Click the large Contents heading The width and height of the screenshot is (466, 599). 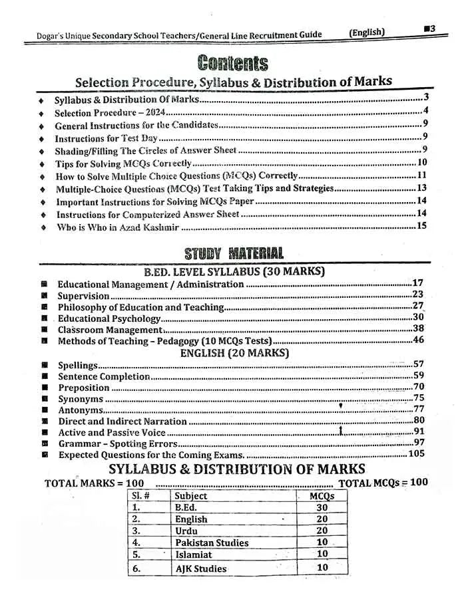pos(233,63)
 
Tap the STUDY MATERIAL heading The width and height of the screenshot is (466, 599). pos(234,253)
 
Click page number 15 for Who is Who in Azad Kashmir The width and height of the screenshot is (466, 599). pos(421,226)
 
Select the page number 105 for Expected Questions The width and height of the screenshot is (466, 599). pos(416,454)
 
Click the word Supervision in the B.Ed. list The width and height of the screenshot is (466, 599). pos(83,296)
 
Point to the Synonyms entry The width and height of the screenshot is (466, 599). pos(81,399)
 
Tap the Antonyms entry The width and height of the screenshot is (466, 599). pos(81,410)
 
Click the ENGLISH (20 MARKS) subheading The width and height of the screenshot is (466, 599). pos(234,353)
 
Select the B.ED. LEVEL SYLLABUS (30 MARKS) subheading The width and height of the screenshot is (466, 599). pos(234,271)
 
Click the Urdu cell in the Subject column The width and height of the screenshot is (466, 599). pos(186,531)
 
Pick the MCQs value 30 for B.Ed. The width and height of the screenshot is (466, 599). pos(322,507)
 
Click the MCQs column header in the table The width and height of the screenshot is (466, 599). pos(322,495)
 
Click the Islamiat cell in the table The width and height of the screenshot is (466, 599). pos(194,554)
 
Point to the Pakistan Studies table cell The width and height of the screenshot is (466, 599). pos(211,542)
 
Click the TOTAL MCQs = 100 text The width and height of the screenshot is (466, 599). pos(383,483)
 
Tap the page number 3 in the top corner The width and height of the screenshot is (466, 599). pos(431,29)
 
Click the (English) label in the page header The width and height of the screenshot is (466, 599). pos(367,33)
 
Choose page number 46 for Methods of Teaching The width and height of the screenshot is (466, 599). pos(418,340)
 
